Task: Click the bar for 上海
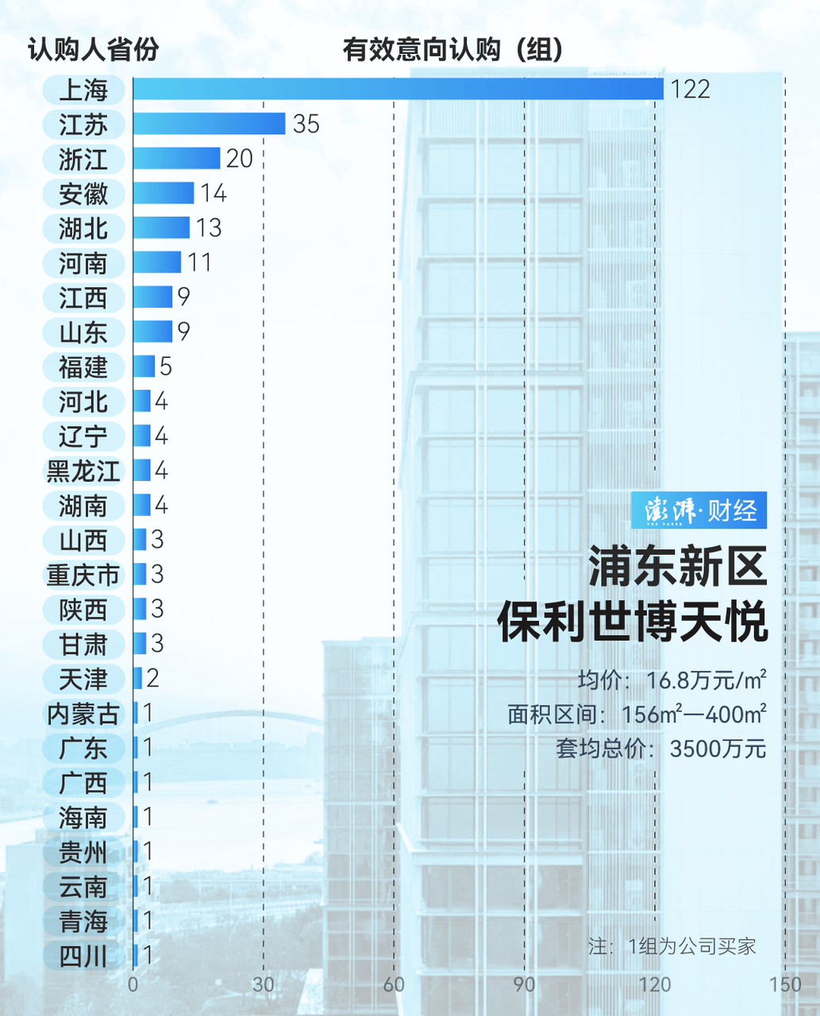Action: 398,89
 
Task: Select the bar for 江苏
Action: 209,124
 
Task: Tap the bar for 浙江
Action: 176,158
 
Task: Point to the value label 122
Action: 690,89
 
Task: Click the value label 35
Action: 306,124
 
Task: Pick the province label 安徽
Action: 83,194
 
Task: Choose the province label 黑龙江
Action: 83,471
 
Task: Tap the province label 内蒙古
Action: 83,714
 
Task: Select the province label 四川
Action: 83,956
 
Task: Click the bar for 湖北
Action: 161,228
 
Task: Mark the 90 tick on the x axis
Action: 524,985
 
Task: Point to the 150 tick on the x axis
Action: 784,985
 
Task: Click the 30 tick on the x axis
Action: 264,985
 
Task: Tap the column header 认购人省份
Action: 94,50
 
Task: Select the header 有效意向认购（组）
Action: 452,50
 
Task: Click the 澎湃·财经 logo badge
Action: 699,510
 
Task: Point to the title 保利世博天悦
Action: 633,622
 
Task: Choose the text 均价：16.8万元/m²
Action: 672,680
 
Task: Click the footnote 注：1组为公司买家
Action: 672,946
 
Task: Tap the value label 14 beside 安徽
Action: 214,193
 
